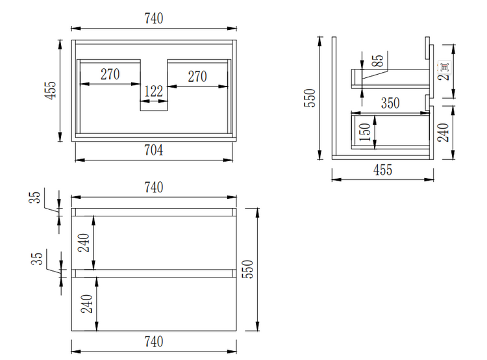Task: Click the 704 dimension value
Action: click(x=153, y=150)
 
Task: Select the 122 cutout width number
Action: click(x=153, y=92)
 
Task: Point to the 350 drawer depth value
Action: click(x=390, y=103)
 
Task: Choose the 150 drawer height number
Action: click(x=364, y=132)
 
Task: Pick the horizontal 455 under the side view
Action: click(x=382, y=170)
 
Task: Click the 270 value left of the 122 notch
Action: click(x=110, y=75)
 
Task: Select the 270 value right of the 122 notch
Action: click(x=197, y=75)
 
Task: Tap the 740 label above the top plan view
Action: click(x=153, y=19)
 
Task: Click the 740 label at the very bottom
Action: click(x=153, y=342)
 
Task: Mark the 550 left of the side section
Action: click(x=310, y=97)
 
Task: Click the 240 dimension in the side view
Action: click(x=443, y=133)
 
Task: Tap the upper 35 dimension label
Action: click(x=36, y=198)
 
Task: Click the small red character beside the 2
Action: click(x=444, y=66)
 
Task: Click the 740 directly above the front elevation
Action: click(x=153, y=187)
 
